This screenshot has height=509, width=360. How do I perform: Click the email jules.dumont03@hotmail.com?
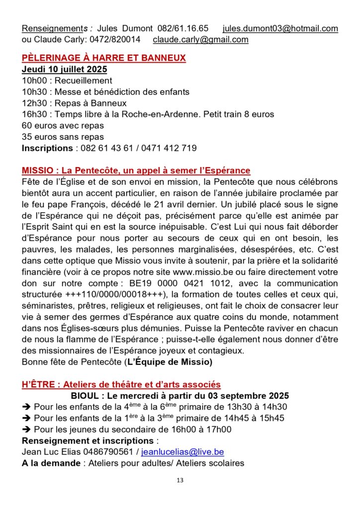click(280, 28)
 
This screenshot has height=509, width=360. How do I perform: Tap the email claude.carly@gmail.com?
click(200, 39)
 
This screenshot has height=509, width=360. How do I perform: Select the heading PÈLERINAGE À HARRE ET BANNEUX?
click(104, 58)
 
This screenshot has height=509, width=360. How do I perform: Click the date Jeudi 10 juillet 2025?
click(64, 69)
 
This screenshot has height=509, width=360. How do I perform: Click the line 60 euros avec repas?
click(63, 126)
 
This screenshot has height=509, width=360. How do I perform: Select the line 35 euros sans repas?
click(63, 137)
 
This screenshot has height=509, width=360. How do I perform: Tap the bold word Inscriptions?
click(47, 148)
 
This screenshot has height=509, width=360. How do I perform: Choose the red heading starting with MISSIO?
click(136, 170)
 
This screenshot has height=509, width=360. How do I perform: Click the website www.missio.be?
click(204, 272)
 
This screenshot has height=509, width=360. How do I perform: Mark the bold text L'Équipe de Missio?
click(169, 362)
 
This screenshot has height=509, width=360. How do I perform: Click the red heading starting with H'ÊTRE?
click(121, 385)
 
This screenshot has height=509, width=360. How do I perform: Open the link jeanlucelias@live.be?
click(182, 452)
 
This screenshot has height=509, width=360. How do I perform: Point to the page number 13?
click(180, 480)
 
